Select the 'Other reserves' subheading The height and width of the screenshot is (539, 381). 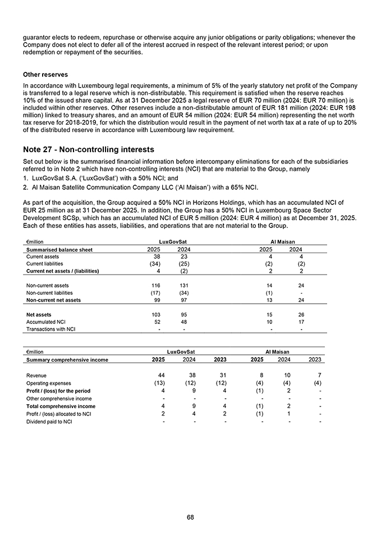45,75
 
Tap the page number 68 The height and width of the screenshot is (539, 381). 190,517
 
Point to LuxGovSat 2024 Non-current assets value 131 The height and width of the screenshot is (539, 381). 183,285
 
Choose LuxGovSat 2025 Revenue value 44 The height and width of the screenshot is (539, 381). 161,375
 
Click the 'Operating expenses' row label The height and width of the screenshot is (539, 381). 49,383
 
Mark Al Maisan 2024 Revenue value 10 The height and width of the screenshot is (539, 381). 288,375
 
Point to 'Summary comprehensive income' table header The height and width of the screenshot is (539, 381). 67,359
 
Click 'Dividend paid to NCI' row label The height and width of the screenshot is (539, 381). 49,422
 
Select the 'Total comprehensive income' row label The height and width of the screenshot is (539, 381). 61,406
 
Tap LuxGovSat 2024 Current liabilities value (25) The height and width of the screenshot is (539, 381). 183,263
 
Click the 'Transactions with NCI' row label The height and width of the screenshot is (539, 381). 51,329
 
